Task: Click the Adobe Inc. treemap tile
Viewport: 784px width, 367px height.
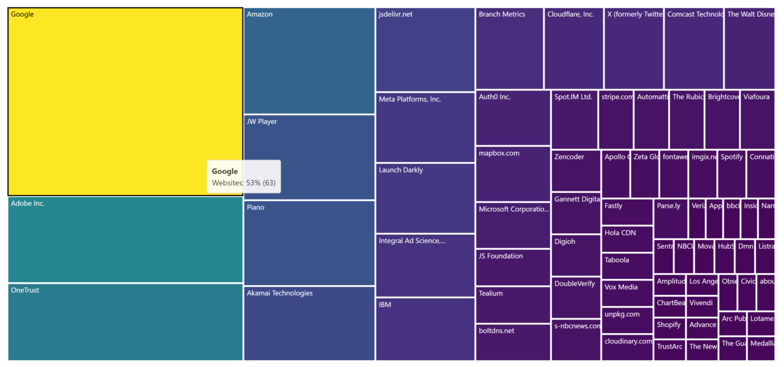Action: point(125,239)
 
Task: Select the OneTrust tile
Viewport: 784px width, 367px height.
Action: point(125,321)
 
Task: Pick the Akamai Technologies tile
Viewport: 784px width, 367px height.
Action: point(309,323)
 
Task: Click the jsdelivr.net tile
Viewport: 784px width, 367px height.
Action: point(425,49)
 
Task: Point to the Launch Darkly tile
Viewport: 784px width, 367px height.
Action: point(425,198)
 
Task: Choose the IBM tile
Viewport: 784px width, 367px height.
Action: point(425,329)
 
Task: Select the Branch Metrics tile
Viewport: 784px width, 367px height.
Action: point(509,48)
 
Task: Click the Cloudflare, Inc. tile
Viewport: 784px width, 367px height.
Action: point(574,48)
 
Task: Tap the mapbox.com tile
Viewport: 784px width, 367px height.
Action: point(512,174)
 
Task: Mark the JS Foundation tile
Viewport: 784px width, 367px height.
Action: point(512,267)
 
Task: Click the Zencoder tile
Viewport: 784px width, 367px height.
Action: point(575,171)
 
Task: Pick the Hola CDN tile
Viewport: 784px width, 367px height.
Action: point(627,239)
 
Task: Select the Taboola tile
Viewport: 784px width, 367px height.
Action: point(627,265)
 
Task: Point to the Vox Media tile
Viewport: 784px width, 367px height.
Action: point(627,293)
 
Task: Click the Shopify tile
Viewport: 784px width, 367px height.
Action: point(669,328)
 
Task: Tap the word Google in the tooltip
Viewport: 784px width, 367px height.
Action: point(225,171)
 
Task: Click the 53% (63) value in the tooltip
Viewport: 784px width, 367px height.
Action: point(261,183)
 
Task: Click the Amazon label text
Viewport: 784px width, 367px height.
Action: point(259,14)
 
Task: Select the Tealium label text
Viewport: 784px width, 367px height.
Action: point(491,294)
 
